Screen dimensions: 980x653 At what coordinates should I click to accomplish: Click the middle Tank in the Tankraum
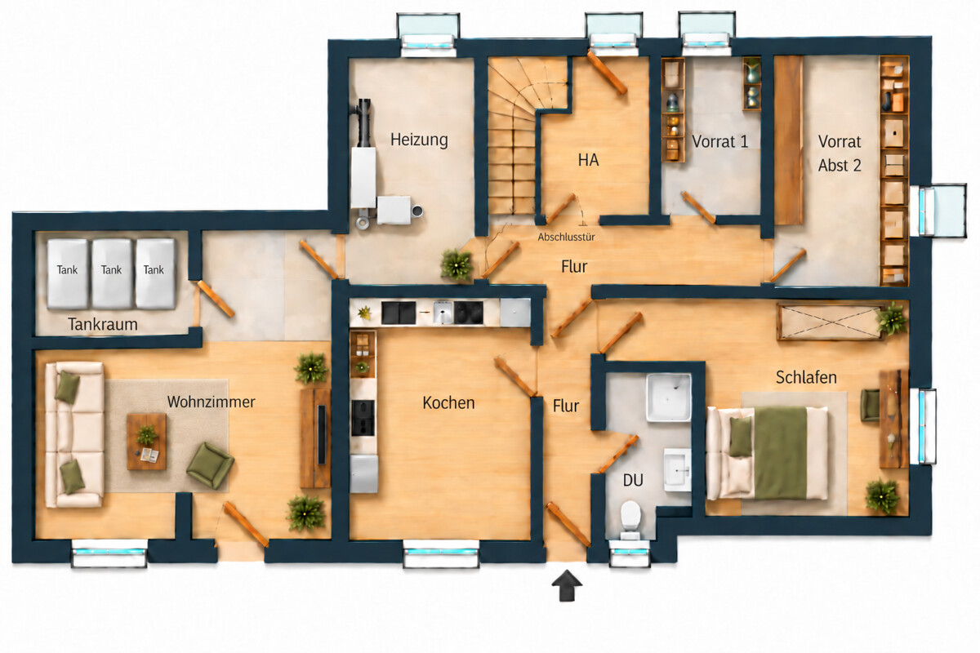[112, 273]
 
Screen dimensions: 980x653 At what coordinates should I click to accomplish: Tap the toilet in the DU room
[630, 520]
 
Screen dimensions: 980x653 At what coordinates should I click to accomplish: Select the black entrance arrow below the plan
[567, 585]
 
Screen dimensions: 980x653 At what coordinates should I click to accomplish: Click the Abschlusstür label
[566, 237]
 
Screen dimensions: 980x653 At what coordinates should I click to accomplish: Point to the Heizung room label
[419, 140]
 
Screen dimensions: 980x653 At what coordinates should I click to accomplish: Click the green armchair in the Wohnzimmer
[210, 465]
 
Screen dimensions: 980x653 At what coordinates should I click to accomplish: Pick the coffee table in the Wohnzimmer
[146, 442]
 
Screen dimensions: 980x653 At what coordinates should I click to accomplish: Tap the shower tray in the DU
[669, 398]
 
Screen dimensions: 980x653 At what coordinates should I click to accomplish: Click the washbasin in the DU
[677, 469]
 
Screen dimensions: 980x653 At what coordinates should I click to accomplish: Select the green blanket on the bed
[781, 453]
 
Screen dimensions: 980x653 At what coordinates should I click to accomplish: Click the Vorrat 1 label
[719, 142]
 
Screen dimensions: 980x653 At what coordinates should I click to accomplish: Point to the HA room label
[588, 160]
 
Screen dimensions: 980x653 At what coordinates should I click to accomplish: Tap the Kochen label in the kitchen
[448, 403]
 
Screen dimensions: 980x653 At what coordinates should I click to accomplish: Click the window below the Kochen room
[440, 553]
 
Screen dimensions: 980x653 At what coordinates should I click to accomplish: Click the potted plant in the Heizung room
[457, 264]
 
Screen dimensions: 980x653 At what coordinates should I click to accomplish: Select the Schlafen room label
[806, 377]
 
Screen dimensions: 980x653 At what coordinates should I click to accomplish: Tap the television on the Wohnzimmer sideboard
[322, 435]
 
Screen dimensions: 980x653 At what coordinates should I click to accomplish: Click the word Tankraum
[103, 324]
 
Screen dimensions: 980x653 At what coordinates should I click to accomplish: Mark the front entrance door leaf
[568, 524]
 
